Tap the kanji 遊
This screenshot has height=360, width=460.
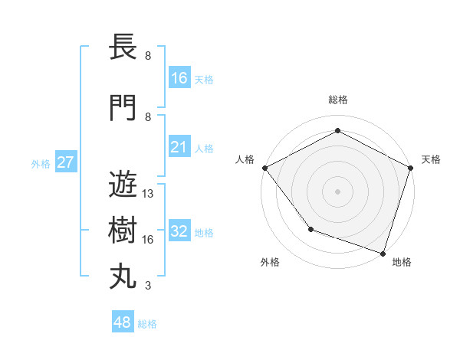click(x=123, y=185)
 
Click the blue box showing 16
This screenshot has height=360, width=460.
click(x=179, y=78)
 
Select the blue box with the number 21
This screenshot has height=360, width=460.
click(x=179, y=147)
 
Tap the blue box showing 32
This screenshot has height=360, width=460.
click(x=179, y=231)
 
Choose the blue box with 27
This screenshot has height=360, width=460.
click(x=65, y=162)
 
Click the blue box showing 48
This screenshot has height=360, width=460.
click(x=123, y=322)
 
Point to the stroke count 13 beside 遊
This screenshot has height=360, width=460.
click(x=149, y=194)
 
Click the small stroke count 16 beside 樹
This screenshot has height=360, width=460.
click(x=149, y=240)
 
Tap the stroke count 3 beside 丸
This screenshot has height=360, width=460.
click(x=148, y=286)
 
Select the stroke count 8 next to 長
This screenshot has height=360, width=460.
click(x=148, y=56)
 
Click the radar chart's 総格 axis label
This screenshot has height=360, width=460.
click(x=337, y=100)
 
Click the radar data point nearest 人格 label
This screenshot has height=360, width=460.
click(x=264, y=168)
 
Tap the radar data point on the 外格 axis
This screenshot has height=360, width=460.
click(x=310, y=229)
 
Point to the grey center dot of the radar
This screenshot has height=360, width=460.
click(x=337, y=191)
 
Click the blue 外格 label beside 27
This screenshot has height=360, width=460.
click(x=41, y=163)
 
